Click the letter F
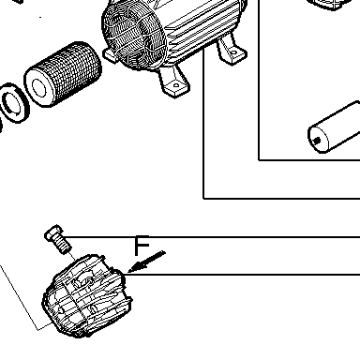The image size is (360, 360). [x=142, y=246]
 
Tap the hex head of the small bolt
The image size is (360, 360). [x=54, y=232]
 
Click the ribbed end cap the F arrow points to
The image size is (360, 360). [x=87, y=295]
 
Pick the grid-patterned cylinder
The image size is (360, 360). [x=63, y=74]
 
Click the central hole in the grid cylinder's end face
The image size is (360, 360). [x=38, y=88]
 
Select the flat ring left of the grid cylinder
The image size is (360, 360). [x=13, y=103]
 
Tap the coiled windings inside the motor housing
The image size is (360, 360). [x=131, y=36]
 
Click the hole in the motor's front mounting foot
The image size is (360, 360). [x=176, y=84]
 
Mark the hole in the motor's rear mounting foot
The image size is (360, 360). [x=234, y=52]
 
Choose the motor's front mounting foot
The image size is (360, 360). [x=174, y=81]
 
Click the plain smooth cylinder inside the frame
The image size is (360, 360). [x=334, y=127]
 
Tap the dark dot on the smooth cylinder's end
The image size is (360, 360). [x=317, y=141]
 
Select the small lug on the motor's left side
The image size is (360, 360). [x=110, y=55]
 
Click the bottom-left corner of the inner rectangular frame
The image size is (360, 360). [x=259, y=160]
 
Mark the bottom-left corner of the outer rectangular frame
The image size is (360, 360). [x=203, y=198]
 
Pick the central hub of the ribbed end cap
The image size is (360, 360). [x=83, y=280]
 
